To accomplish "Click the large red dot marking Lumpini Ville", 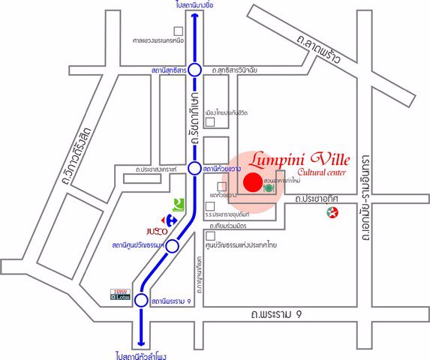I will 254,182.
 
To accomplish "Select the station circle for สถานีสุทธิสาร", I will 194,70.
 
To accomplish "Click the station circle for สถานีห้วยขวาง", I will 194,169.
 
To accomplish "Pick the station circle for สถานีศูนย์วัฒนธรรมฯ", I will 172,246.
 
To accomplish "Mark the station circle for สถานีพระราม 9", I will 141,301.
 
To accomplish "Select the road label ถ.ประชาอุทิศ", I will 317,199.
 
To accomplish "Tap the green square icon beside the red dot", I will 268,189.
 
